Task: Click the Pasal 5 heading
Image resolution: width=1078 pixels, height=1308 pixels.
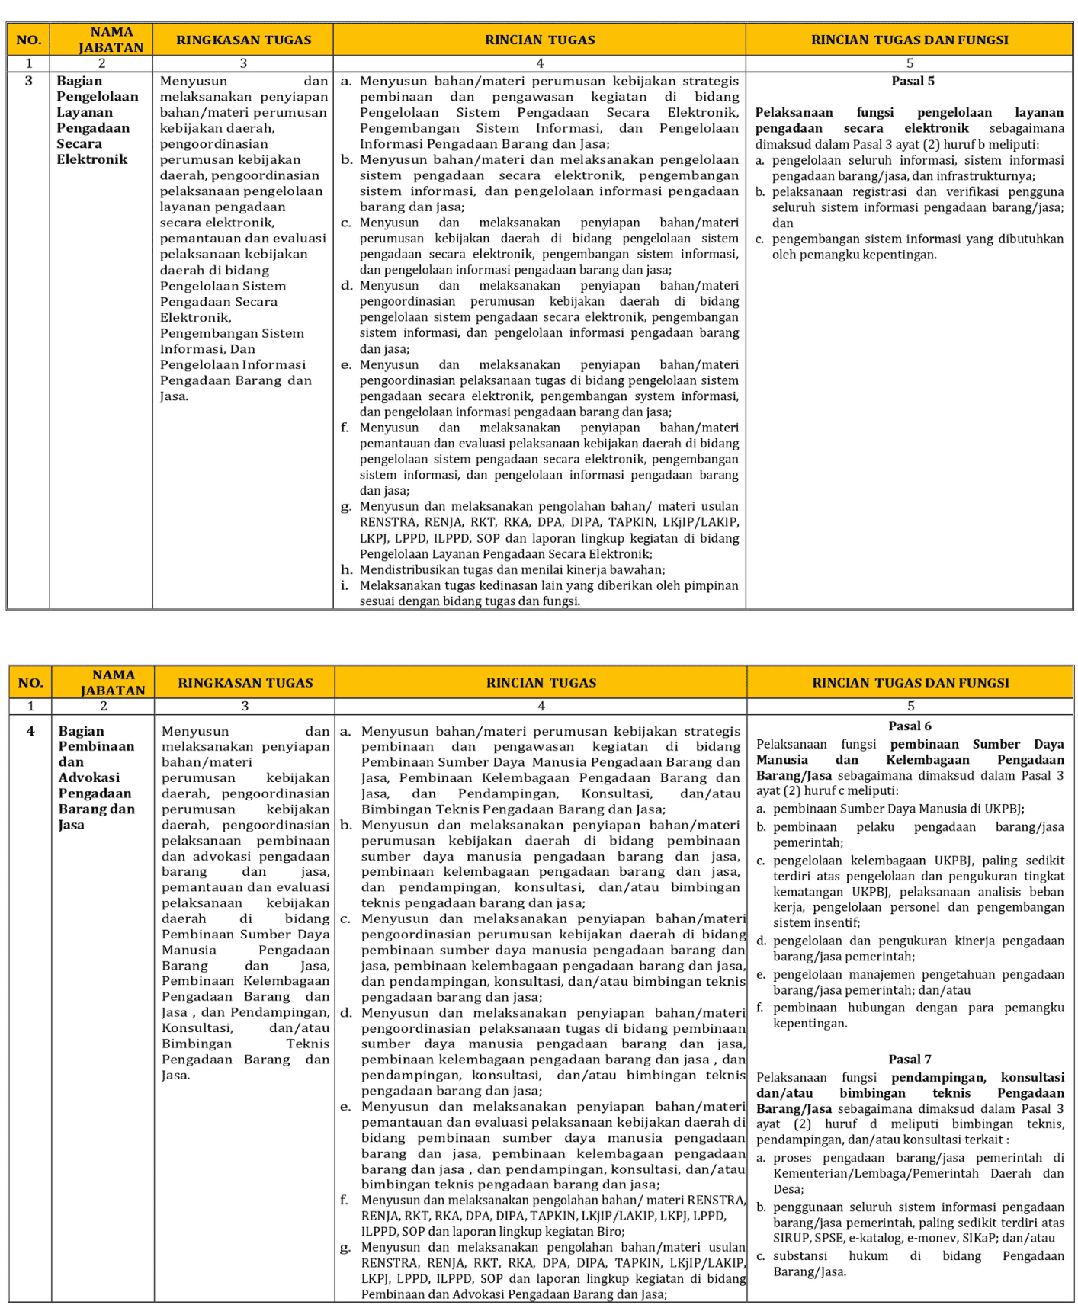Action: [913, 81]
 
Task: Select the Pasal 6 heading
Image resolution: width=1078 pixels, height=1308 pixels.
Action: [910, 726]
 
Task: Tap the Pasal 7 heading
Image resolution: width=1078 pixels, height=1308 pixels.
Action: [910, 1059]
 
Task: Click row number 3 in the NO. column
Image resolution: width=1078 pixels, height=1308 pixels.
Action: [29, 81]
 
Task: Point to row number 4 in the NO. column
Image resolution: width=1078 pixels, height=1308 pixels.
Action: [30, 731]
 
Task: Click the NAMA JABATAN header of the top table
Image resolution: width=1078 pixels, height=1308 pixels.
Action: [111, 40]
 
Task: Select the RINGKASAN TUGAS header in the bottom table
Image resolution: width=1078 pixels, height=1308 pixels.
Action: [245, 682]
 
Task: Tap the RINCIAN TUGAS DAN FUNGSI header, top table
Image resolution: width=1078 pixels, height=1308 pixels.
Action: [910, 40]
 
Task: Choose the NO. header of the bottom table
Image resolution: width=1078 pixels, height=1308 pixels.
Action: [30, 682]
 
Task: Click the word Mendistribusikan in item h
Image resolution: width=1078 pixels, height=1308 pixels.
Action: [405, 569]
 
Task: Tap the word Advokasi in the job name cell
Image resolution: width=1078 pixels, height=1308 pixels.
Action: [89, 777]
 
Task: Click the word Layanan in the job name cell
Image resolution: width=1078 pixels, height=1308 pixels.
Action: [85, 112]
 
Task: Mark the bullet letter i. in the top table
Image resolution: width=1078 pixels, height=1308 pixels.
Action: [345, 585]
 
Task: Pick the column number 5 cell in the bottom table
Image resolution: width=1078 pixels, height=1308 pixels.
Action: [910, 706]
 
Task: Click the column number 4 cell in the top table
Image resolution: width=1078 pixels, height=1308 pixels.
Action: [540, 63]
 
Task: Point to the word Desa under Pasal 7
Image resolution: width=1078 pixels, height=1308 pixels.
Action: [788, 1189]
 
